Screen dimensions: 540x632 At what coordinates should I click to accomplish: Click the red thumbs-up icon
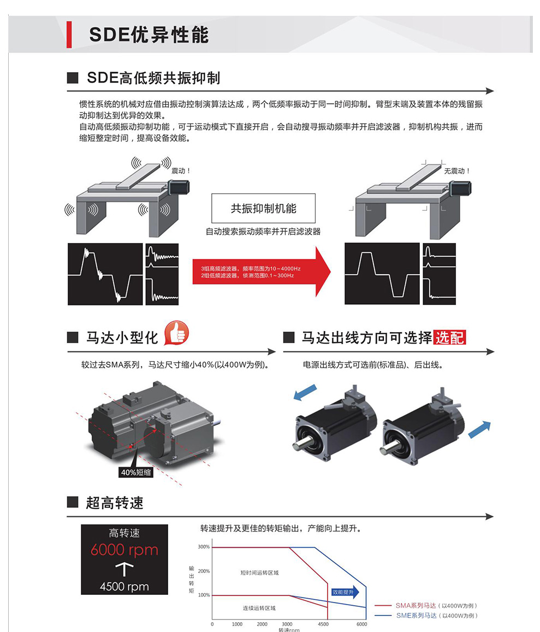pos(176,333)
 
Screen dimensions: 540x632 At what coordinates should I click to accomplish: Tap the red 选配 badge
pos(450,338)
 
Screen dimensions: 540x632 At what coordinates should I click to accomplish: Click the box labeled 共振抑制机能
pos(264,208)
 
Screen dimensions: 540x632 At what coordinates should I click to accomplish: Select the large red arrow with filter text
pos(262,272)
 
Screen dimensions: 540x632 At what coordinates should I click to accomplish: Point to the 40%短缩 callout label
pos(136,472)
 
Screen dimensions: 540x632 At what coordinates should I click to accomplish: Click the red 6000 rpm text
pos(124,550)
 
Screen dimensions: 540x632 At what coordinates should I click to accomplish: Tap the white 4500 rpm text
pos(124,587)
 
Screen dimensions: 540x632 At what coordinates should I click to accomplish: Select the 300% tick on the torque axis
pos(204,547)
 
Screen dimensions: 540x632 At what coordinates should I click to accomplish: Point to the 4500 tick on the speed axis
pos(323,624)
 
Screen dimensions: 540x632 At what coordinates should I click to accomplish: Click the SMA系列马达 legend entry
pos(426,605)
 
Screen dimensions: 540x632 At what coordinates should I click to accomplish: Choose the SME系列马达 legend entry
pos(426,616)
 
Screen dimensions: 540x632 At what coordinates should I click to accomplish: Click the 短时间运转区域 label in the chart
pos(259,573)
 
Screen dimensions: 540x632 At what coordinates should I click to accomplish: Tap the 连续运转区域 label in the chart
pos(259,608)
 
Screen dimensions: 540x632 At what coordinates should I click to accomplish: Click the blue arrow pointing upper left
pos(305,392)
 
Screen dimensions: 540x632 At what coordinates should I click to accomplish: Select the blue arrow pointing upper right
pos(479,429)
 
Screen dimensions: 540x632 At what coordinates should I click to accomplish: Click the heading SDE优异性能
pos(149,34)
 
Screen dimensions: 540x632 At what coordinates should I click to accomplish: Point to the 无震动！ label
pos(457,171)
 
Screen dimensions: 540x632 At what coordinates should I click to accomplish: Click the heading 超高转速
pos(115,503)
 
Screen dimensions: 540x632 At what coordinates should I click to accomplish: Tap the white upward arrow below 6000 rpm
pos(124,570)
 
